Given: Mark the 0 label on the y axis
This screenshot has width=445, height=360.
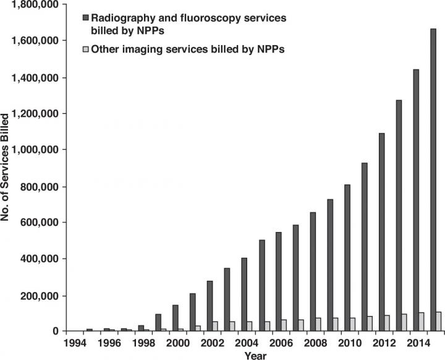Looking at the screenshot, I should click(x=55, y=332).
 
